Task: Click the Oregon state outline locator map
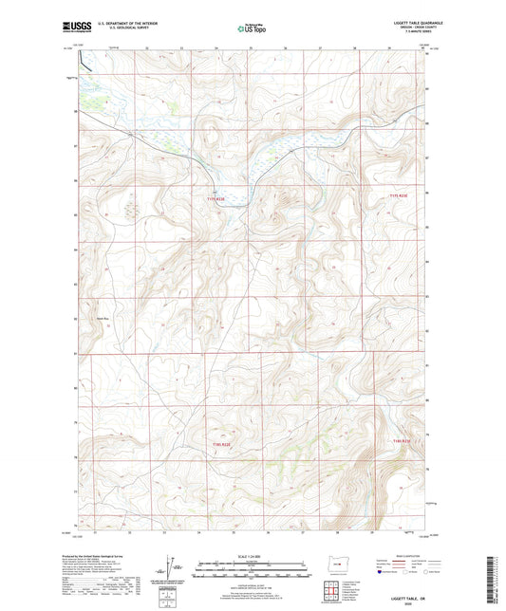pyautogui.click(x=337, y=566)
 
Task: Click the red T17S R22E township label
pyautogui.click(x=217, y=198)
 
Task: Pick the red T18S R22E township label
pyautogui.click(x=221, y=441)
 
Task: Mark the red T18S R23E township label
pyautogui.click(x=402, y=441)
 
